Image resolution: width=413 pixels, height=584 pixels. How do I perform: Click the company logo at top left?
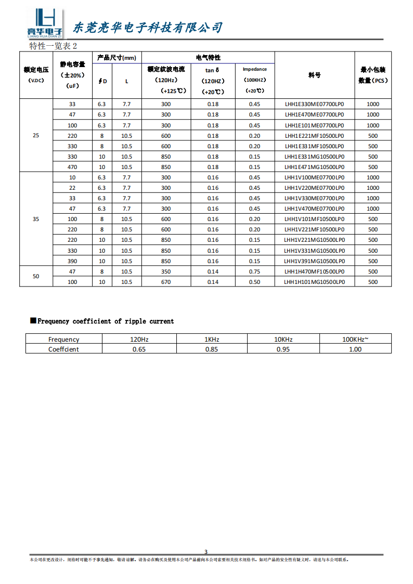click(45, 23)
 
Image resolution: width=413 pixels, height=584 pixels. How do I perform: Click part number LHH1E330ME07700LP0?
click(314, 104)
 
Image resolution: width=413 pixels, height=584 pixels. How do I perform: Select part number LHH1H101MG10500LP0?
click(314, 282)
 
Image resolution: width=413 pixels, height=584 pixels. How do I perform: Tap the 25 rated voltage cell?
click(36, 136)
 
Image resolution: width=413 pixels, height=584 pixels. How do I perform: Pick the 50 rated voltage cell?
click(36, 277)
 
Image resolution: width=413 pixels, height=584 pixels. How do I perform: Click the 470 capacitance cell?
click(72, 167)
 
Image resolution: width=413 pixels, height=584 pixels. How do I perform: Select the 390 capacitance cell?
click(72, 261)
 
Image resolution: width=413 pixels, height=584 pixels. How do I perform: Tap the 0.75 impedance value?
click(254, 271)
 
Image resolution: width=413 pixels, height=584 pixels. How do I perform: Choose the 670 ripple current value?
click(166, 282)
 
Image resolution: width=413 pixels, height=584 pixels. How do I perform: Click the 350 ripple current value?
click(166, 271)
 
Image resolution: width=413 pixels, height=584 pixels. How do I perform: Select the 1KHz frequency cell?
click(212, 339)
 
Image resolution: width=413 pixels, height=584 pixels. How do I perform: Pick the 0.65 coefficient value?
click(139, 349)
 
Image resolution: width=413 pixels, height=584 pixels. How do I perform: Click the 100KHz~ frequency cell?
click(355, 339)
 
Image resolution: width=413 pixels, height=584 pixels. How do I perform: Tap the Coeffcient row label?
click(63, 349)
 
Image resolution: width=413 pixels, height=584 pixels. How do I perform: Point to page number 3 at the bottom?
click(206, 552)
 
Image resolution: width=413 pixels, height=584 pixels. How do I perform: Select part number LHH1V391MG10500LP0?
click(314, 261)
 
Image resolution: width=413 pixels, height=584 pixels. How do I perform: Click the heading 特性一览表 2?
click(53, 46)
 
